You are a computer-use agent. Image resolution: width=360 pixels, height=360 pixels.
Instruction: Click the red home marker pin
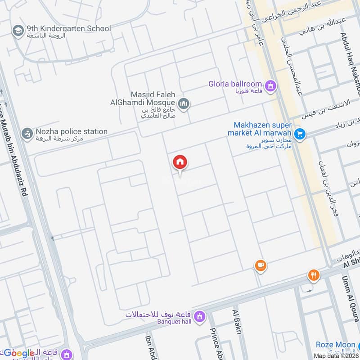(180, 162)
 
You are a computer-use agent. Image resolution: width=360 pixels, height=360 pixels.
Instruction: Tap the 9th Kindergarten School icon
(18, 31)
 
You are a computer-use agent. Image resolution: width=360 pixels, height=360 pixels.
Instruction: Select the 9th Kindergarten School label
(68, 29)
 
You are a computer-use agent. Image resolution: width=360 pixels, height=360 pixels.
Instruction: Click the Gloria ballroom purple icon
(270, 85)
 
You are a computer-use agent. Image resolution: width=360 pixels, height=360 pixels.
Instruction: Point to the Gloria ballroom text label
(235, 84)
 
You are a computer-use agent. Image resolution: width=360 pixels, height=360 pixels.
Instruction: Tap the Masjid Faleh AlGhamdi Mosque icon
(183, 105)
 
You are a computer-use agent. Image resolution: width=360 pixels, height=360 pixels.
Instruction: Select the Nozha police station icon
(27, 134)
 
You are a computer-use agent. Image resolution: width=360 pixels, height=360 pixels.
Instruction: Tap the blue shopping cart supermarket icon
(300, 134)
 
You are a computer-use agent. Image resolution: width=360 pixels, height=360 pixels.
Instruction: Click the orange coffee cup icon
(260, 266)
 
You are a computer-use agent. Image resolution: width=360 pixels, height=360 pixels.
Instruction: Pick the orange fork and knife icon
(314, 274)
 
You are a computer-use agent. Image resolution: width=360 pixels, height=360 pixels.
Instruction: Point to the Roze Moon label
(335, 345)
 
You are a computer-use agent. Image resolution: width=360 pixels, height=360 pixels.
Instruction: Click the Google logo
(19, 353)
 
